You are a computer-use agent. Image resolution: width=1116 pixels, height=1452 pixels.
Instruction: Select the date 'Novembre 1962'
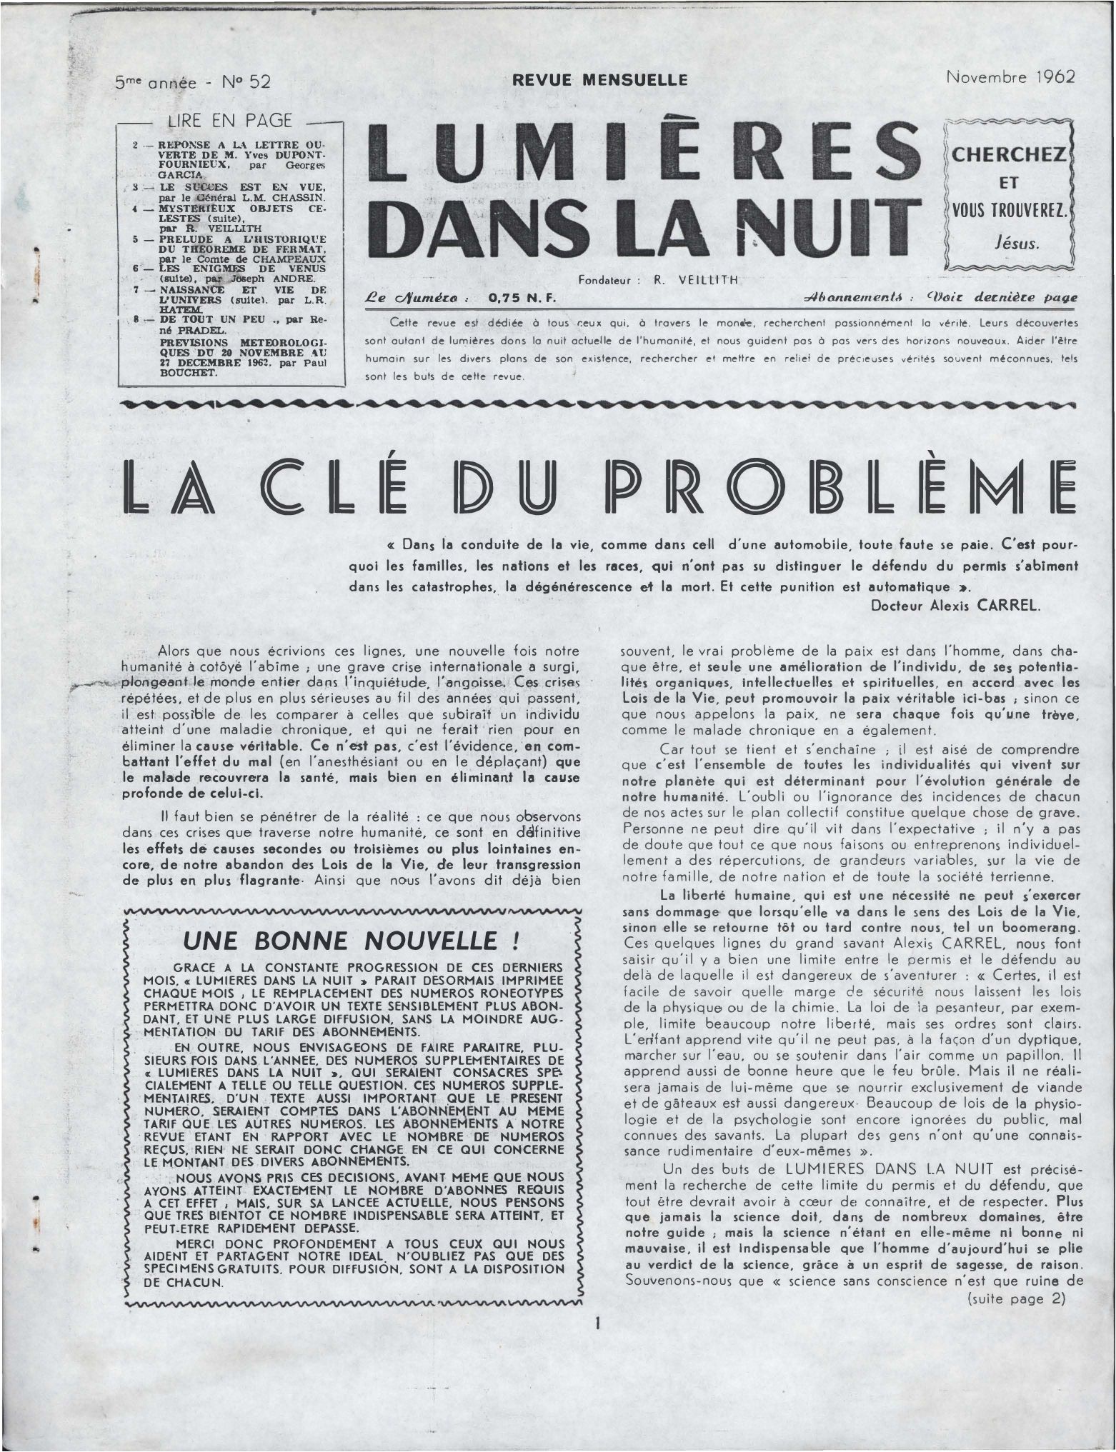coord(1010,77)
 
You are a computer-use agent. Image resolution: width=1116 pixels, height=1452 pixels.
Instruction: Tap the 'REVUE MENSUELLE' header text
coord(605,80)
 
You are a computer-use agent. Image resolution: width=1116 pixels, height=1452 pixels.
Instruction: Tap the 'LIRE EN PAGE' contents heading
coord(229,122)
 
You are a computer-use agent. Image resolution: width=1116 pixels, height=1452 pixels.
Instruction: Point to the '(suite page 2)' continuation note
coord(1015,1298)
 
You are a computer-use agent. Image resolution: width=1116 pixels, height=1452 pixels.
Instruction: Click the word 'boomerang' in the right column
coord(1036,927)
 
